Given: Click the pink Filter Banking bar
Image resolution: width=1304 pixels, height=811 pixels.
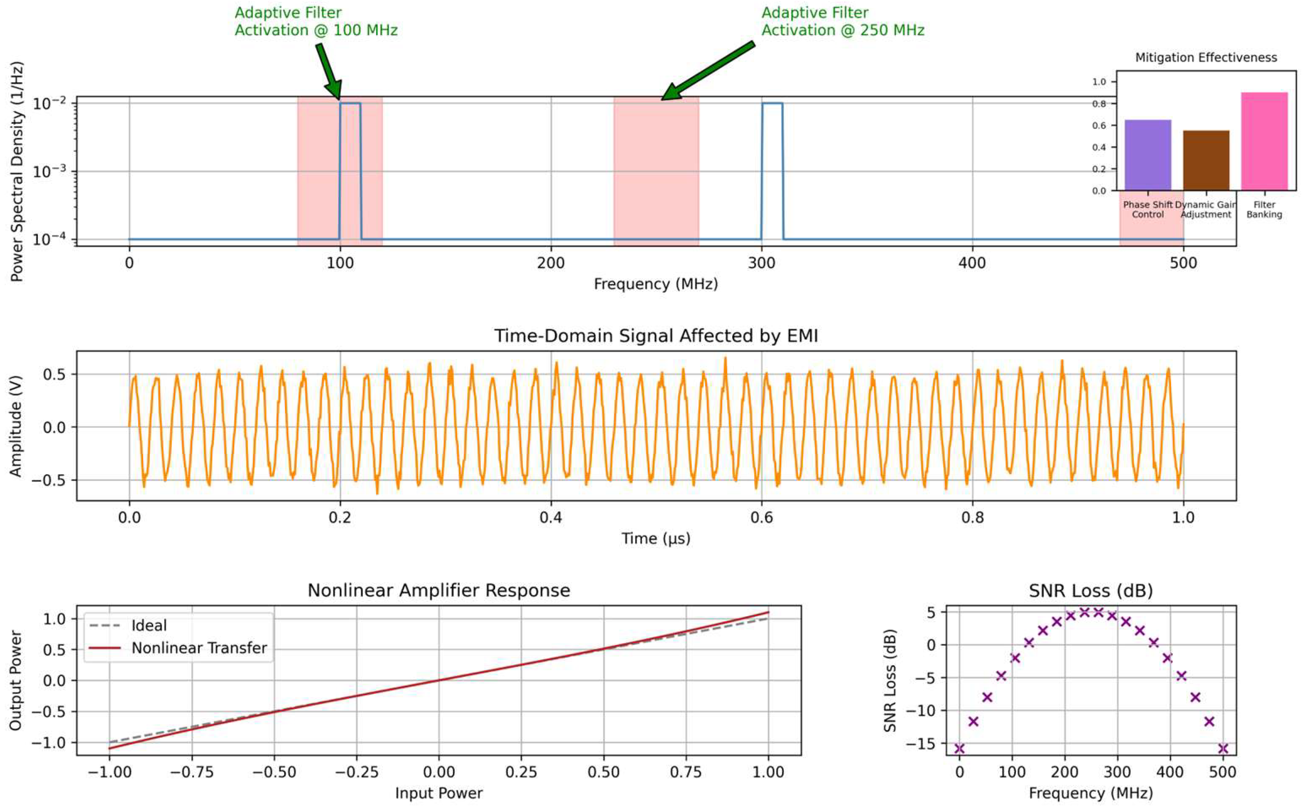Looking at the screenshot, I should [1264, 141].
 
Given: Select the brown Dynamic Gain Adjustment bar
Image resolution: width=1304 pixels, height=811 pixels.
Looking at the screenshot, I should [1206, 160].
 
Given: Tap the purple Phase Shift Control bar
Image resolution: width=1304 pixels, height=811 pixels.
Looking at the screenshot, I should [1147, 155].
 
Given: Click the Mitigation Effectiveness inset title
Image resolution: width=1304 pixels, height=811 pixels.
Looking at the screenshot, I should [1206, 57].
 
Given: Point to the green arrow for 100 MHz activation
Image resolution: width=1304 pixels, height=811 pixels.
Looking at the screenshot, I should [329, 71].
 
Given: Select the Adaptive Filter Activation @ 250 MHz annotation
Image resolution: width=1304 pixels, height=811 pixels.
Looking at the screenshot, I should [843, 22].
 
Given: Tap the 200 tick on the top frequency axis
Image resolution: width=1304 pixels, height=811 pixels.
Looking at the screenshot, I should [551, 263].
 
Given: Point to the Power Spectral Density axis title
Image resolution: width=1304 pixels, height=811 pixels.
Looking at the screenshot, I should [17, 172].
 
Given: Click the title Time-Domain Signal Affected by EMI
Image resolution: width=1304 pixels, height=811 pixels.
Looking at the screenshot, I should [656, 336].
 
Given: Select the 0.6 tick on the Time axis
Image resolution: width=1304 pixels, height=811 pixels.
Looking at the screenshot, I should [761, 518].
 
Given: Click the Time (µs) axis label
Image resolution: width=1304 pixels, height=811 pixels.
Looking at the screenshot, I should [656, 538].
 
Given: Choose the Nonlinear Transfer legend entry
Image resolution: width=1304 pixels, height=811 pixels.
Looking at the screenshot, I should [198, 648].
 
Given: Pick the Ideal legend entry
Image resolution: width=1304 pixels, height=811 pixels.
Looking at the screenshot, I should [149, 626].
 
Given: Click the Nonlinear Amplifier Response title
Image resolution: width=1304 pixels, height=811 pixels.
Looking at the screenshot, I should [439, 591].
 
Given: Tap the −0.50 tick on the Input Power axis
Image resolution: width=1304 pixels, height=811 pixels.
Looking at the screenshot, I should [274, 772].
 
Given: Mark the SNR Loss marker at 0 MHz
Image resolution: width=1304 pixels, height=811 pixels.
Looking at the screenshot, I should [959, 748].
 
